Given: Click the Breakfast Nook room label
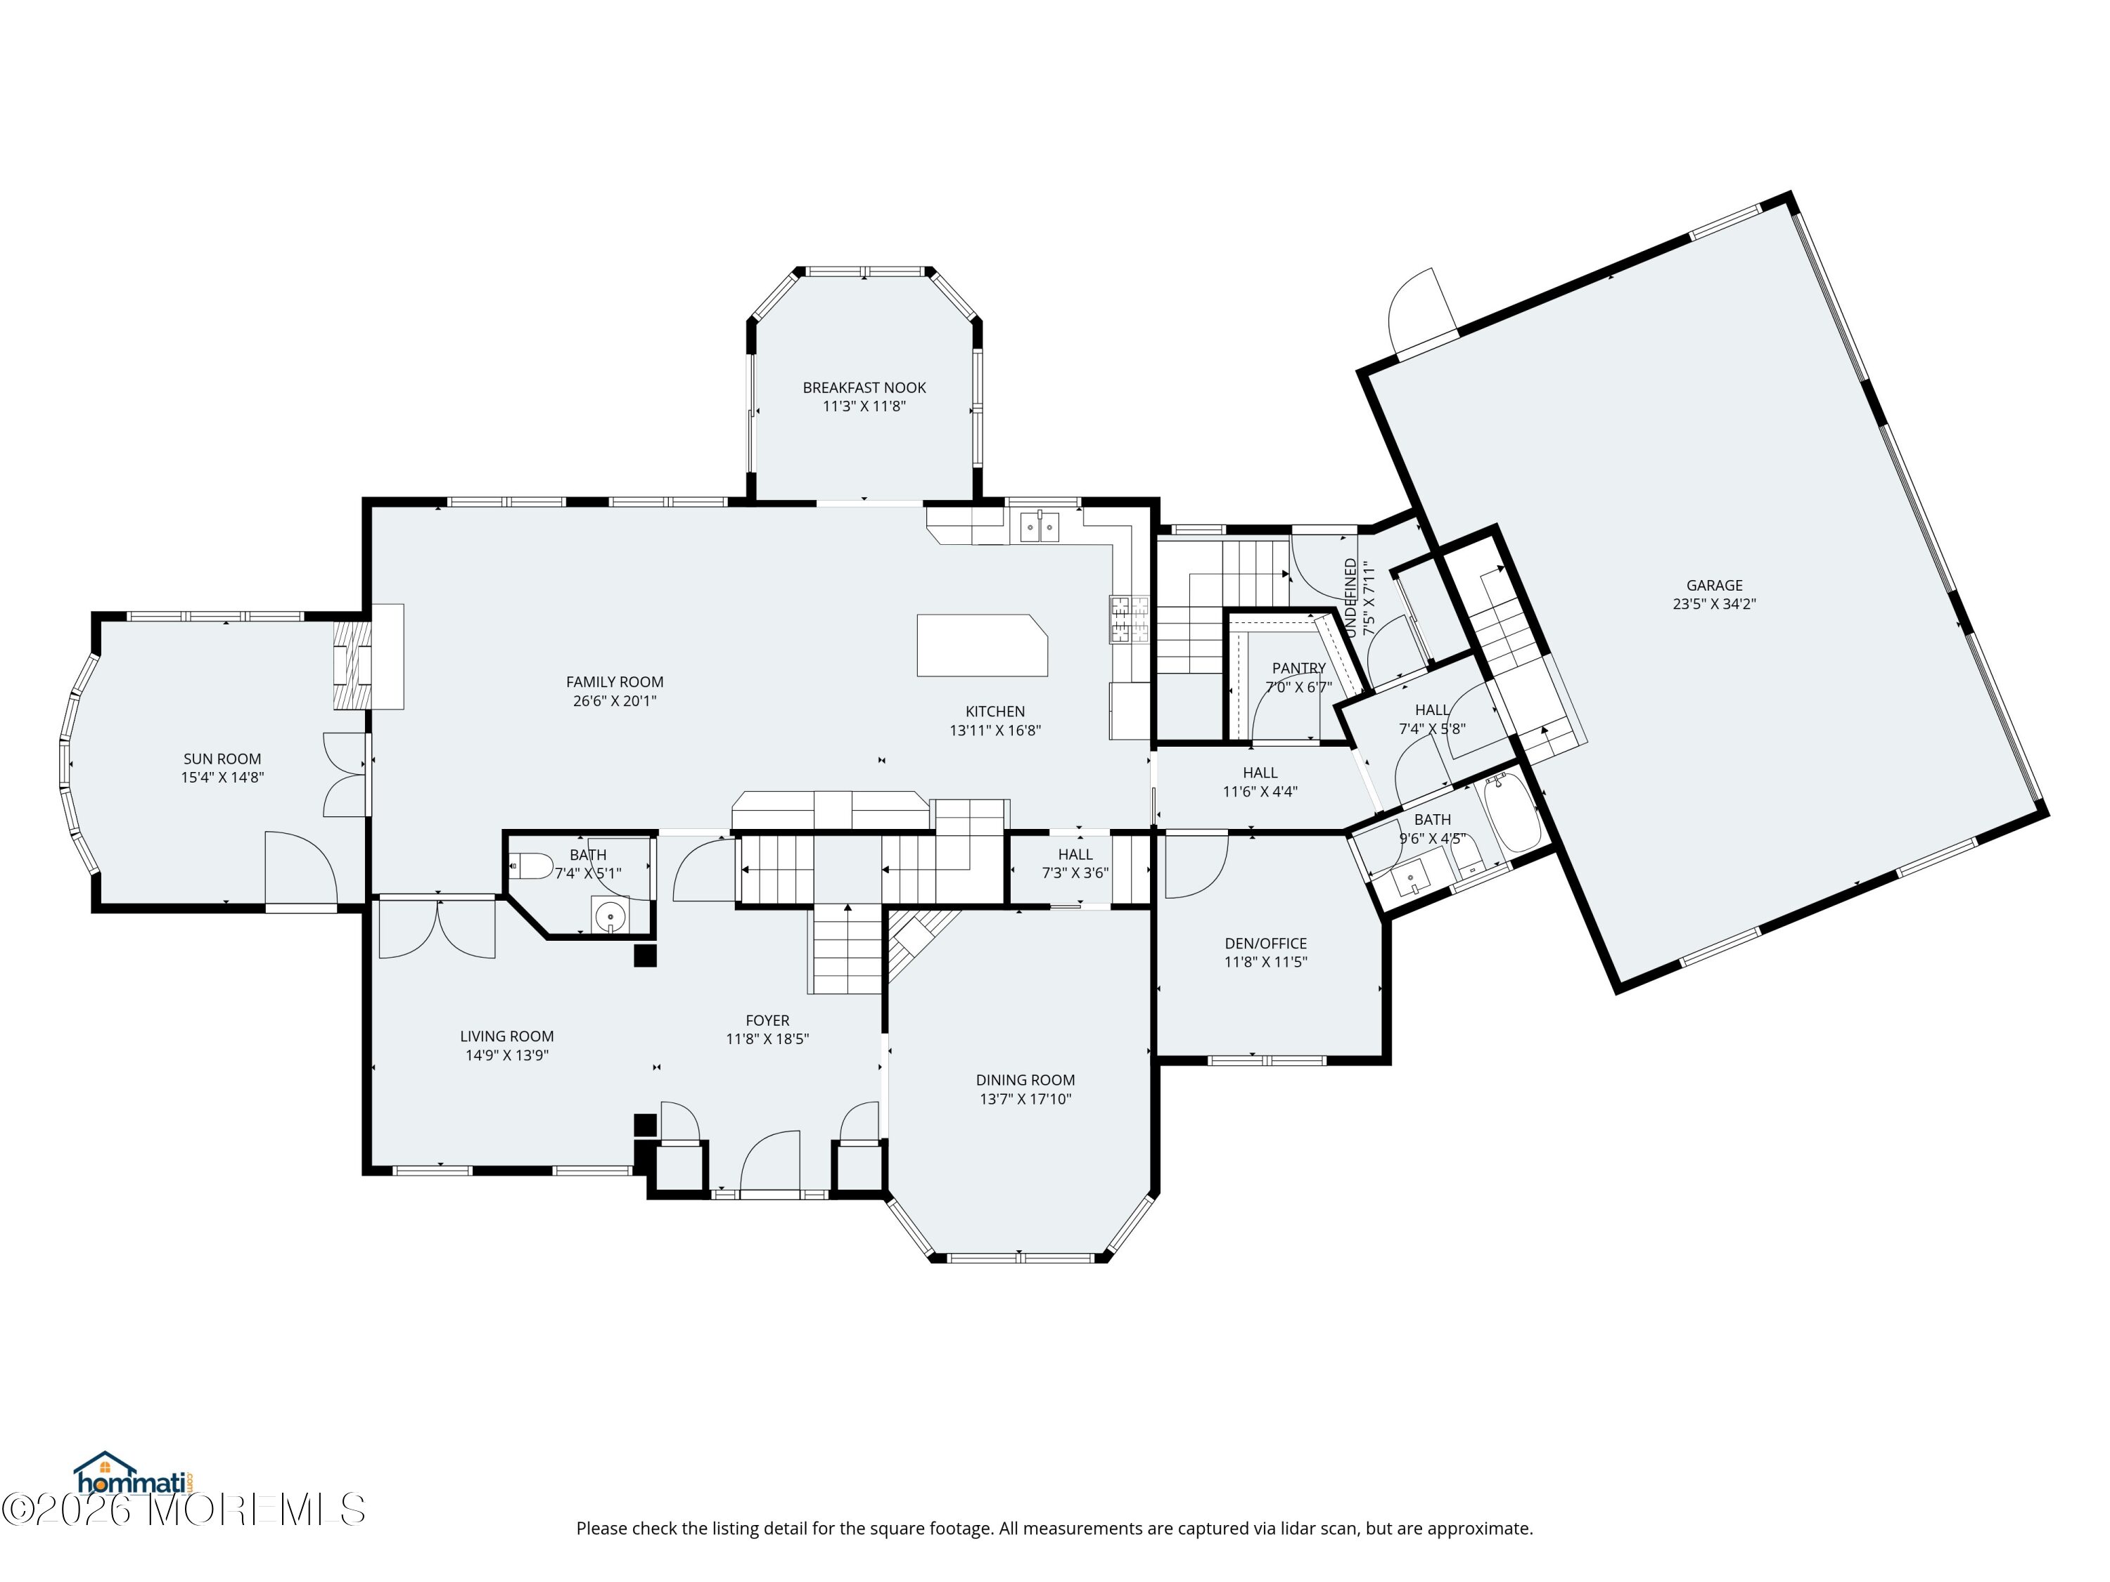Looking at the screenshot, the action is coord(864,387).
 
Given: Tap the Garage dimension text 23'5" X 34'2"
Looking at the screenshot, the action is coord(1714,603).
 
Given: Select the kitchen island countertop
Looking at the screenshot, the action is coord(983,645).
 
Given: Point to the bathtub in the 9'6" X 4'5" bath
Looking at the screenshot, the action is coord(1513,813).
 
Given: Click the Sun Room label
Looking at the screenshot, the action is coord(222,759).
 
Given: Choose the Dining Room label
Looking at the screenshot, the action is coord(1025,1079).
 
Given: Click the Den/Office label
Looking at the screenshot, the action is coord(1266,943).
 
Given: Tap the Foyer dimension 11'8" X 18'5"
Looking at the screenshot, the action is coord(768,1039).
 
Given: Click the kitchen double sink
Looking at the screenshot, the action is coord(1040,527).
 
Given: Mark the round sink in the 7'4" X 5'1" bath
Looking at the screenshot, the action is coord(608,916).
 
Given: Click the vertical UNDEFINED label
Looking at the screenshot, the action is coord(1350,598).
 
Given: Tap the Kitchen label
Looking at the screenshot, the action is coord(995,712).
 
